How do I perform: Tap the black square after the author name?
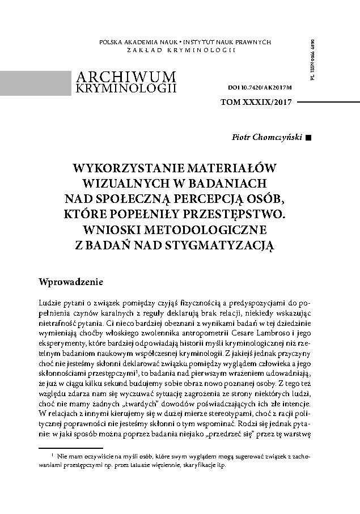308,137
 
